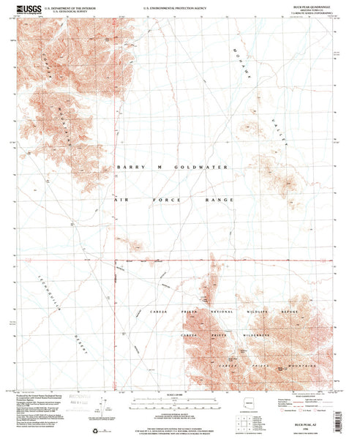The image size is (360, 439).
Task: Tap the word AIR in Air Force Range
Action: [121, 200]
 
